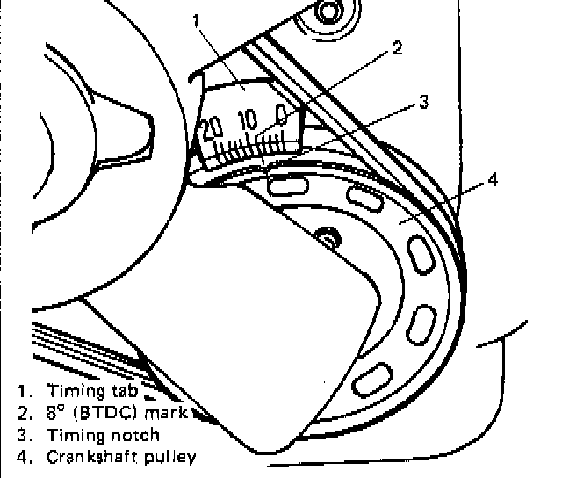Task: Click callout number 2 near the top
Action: coord(397,49)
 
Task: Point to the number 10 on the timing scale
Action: coord(249,119)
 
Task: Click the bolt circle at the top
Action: coord(328,11)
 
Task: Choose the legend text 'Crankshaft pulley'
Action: coord(122,456)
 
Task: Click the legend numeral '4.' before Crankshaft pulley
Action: coord(21,456)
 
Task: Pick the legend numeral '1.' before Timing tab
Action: coord(21,393)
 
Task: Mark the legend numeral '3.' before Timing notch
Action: coord(21,435)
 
